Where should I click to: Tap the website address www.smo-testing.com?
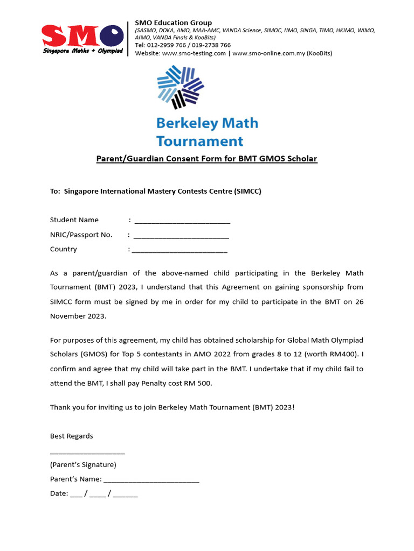pos(194,53)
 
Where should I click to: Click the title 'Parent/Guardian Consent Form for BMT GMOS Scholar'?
pos(206,159)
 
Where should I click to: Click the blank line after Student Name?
pos(182,221)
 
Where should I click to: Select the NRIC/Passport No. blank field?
pos(181,235)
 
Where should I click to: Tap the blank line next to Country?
pos(180,250)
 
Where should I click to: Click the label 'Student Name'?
pos(74,220)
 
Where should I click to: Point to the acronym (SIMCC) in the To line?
pos(248,191)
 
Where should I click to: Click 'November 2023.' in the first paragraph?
pos(78,316)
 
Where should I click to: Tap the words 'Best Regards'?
pos(72,436)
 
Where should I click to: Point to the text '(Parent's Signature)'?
pos(83,464)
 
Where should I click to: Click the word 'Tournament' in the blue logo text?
pos(199,142)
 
